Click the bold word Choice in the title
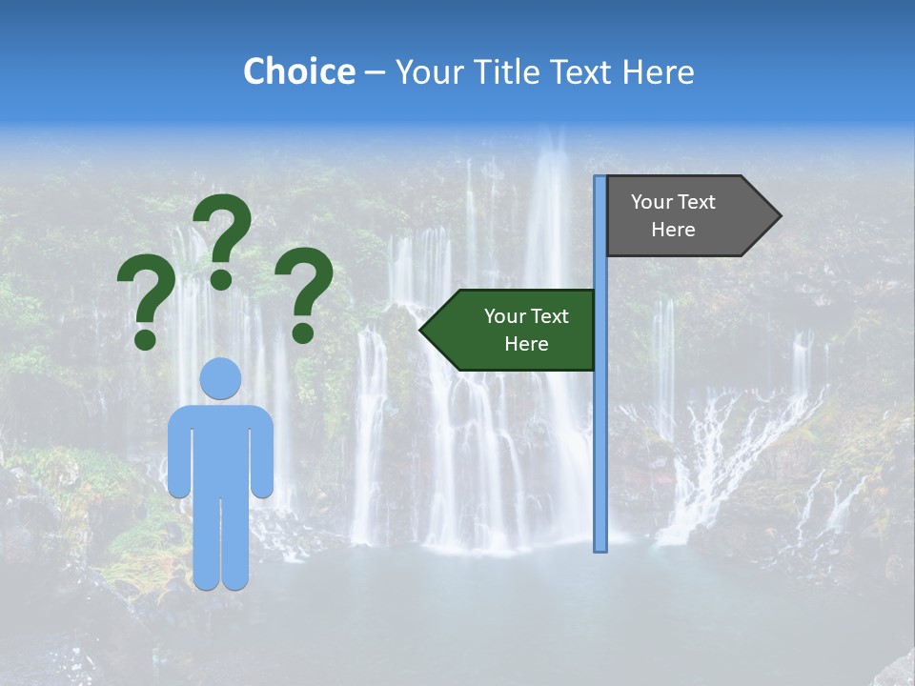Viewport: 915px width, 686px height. point(298,71)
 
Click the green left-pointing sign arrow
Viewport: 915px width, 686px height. point(510,330)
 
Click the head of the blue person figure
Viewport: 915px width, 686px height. point(220,379)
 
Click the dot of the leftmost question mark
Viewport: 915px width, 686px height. point(145,339)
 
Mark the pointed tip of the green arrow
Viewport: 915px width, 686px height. point(422,330)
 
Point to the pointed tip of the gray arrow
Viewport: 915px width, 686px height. point(779,216)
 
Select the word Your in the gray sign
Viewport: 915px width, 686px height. point(651,202)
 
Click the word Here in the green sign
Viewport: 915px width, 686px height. point(526,344)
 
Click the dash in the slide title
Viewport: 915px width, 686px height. point(375,72)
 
